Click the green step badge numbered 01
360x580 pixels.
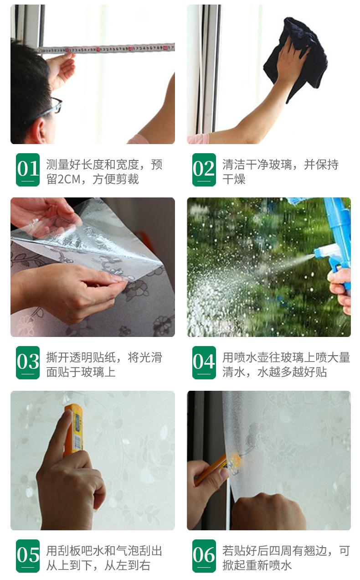(28, 170)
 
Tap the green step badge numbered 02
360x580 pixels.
(204, 170)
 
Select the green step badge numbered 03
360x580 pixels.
(28, 362)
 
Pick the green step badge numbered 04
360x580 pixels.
(204, 362)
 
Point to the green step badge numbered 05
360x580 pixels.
(28, 556)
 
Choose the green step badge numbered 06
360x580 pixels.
(204, 556)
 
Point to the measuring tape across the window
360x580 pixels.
(106, 48)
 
